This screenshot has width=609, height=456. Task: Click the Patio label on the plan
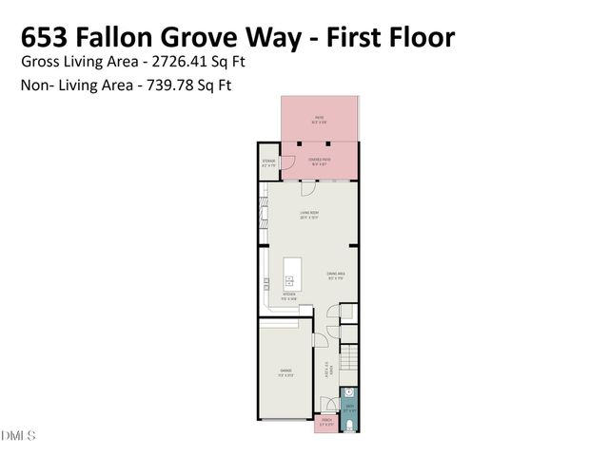(320, 120)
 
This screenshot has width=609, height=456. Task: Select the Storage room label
(269, 162)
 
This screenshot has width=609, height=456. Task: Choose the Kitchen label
(290, 295)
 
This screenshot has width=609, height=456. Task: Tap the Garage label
(285, 371)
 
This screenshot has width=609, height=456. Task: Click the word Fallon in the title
(127, 37)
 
